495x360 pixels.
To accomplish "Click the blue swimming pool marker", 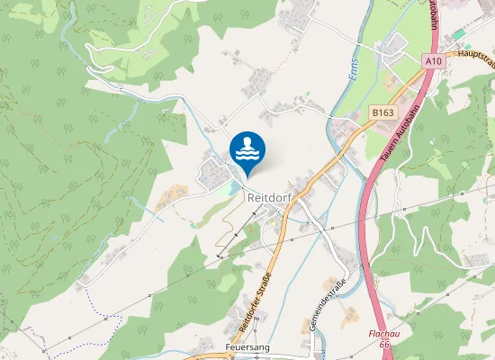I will pos(247,149).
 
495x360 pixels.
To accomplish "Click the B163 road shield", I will pos(382,112).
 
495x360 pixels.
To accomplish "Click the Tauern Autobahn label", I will pos(396,131).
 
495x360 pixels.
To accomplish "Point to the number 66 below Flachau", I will pos(384,344).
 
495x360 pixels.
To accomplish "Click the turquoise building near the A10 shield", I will pos(459,33).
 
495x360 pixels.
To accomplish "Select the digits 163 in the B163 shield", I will pos(386,112).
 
